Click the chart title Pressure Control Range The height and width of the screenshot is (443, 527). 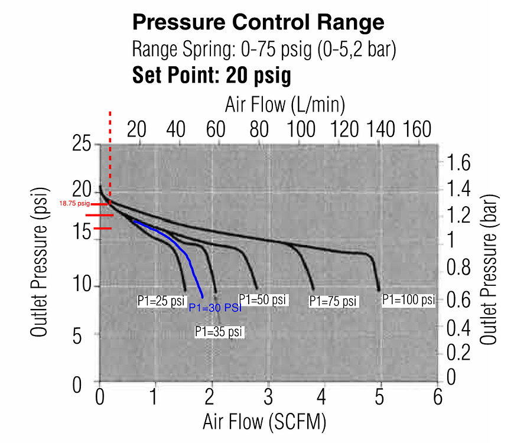(x=258, y=22)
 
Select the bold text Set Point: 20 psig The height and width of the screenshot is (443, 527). (x=212, y=75)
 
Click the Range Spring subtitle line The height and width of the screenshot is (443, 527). (x=263, y=48)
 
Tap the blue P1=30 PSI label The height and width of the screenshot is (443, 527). (x=215, y=308)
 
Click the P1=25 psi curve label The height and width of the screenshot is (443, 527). (x=161, y=300)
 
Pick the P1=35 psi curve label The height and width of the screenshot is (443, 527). (x=219, y=332)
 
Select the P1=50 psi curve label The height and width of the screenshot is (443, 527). (x=263, y=299)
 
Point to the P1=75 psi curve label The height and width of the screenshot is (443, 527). (x=334, y=301)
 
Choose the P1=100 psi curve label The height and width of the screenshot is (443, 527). (x=408, y=299)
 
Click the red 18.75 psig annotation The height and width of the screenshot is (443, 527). (x=74, y=203)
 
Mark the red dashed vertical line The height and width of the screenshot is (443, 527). (x=110, y=154)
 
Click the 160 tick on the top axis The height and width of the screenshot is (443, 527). (x=417, y=129)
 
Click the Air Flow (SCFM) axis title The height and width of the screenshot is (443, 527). (x=264, y=422)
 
